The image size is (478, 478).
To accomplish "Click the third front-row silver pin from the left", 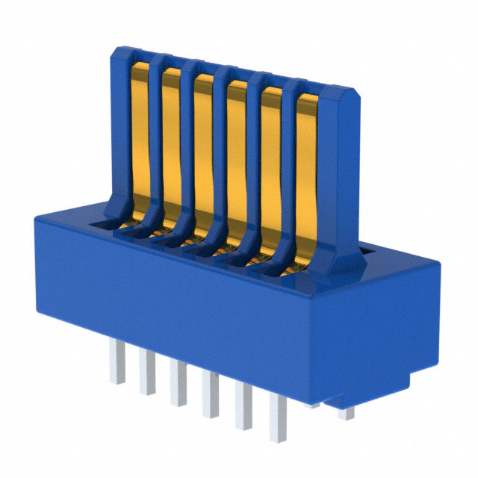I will click(x=177, y=382).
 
